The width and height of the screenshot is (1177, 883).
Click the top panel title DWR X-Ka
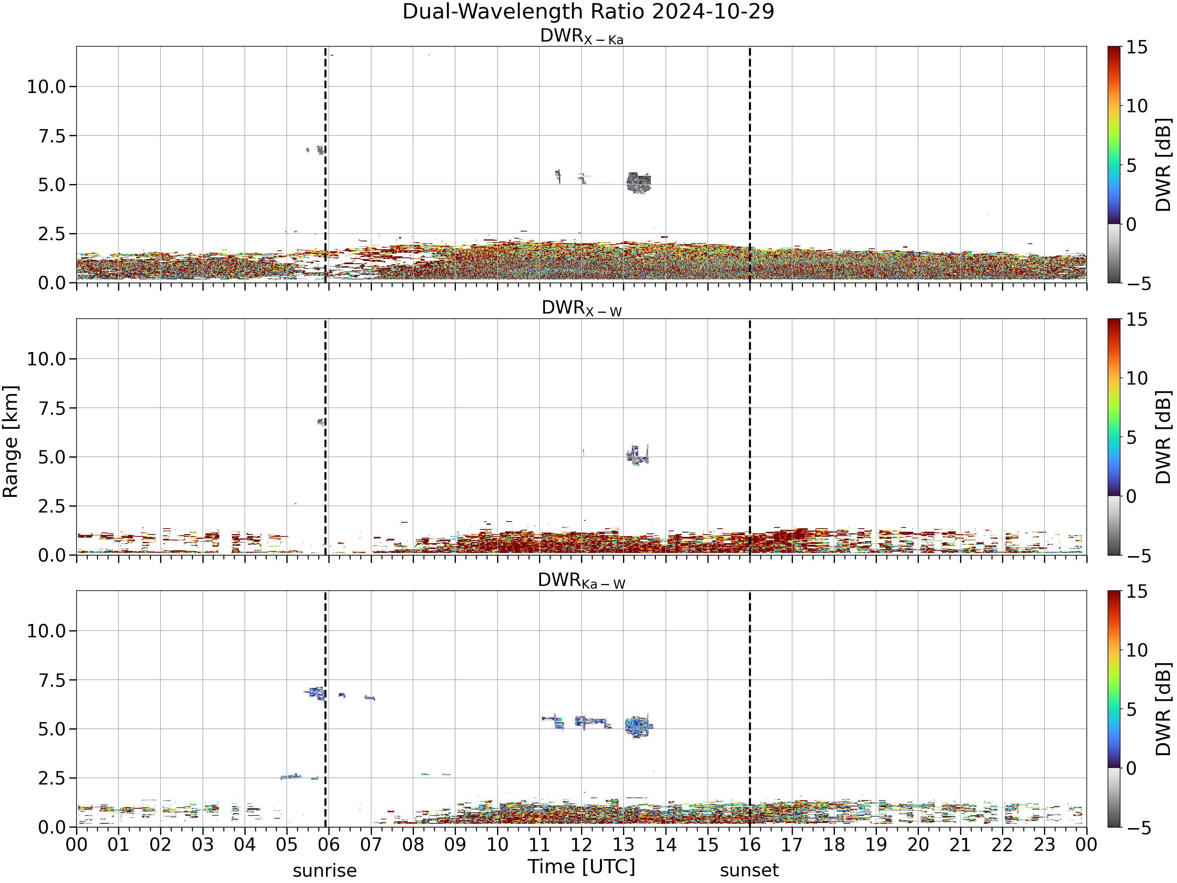pyautogui.click(x=581, y=36)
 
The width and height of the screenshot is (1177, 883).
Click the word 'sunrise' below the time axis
pyautogui.click(x=324, y=871)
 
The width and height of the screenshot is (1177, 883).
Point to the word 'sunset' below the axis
pyautogui.click(x=749, y=871)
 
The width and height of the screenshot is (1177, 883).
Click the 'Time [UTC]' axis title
pyautogui.click(x=581, y=867)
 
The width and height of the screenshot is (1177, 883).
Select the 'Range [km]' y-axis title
pyautogui.click(x=10, y=442)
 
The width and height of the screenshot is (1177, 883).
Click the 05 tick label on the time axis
pyautogui.click(x=287, y=845)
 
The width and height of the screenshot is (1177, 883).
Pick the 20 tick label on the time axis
pyautogui.click(x=918, y=845)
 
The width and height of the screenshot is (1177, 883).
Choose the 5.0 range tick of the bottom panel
pyautogui.click(x=52, y=729)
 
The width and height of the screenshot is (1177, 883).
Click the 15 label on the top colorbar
pyautogui.click(x=1136, y=47)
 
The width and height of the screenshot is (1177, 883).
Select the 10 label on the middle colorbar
pyautogui.click(x=1136, y=378)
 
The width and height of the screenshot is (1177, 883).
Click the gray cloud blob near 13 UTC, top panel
pyautogui.click(x=638, y=182)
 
